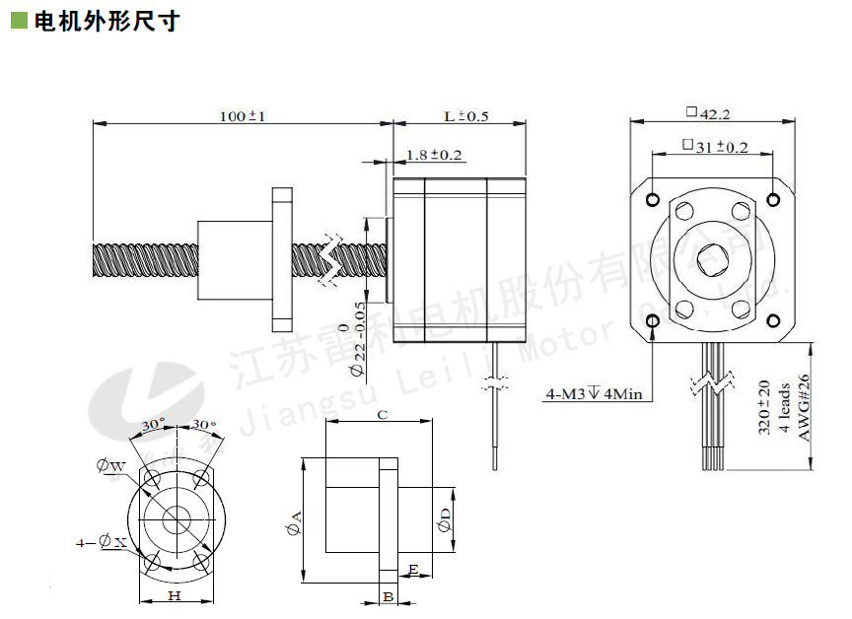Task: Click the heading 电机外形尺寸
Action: click(107, 21)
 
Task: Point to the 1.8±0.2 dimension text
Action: click(434, 155)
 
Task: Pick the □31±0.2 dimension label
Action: click(715, 147)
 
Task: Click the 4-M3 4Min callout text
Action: click(594, 394)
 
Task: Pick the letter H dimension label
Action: click(175, 596)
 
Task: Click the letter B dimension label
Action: click(389, 596)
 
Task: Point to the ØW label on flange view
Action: click(111, 465)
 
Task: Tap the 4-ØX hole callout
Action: click(102, 542)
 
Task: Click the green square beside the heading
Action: click(18, 21)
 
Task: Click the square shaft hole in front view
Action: click(712, 259)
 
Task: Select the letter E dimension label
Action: click(414, 569)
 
